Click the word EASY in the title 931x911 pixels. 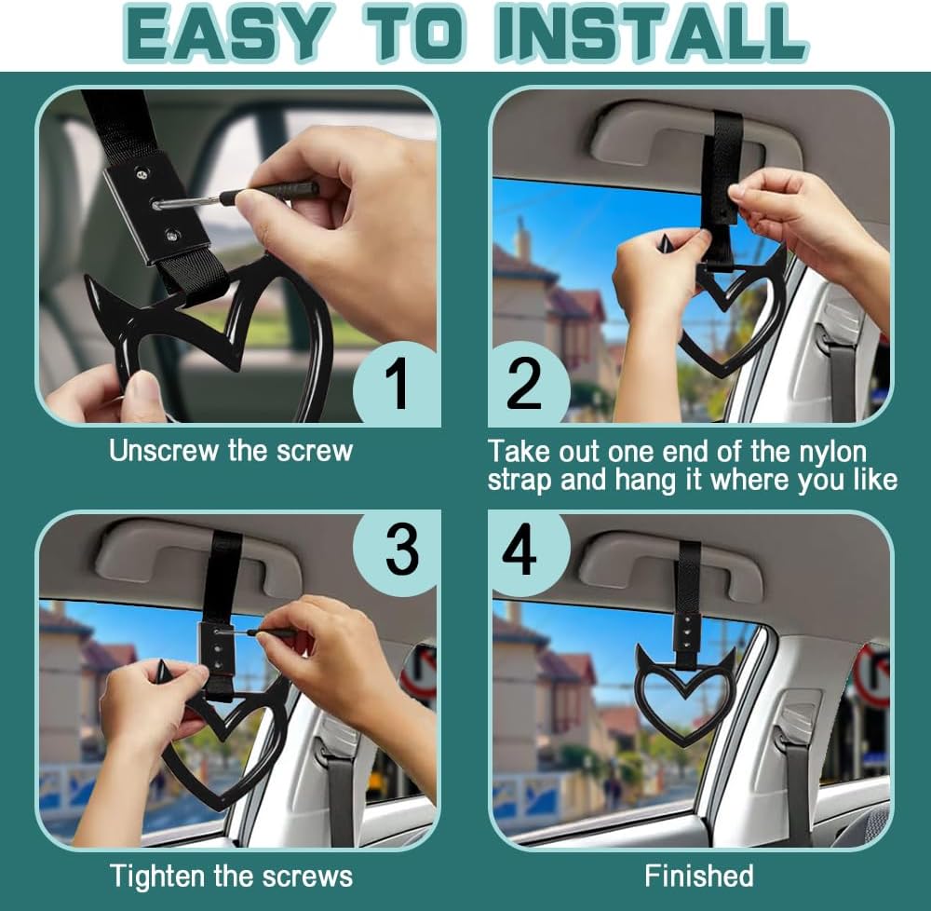226,33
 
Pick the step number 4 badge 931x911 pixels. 521,551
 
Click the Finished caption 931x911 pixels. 699,876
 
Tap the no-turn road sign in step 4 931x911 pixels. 873,674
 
